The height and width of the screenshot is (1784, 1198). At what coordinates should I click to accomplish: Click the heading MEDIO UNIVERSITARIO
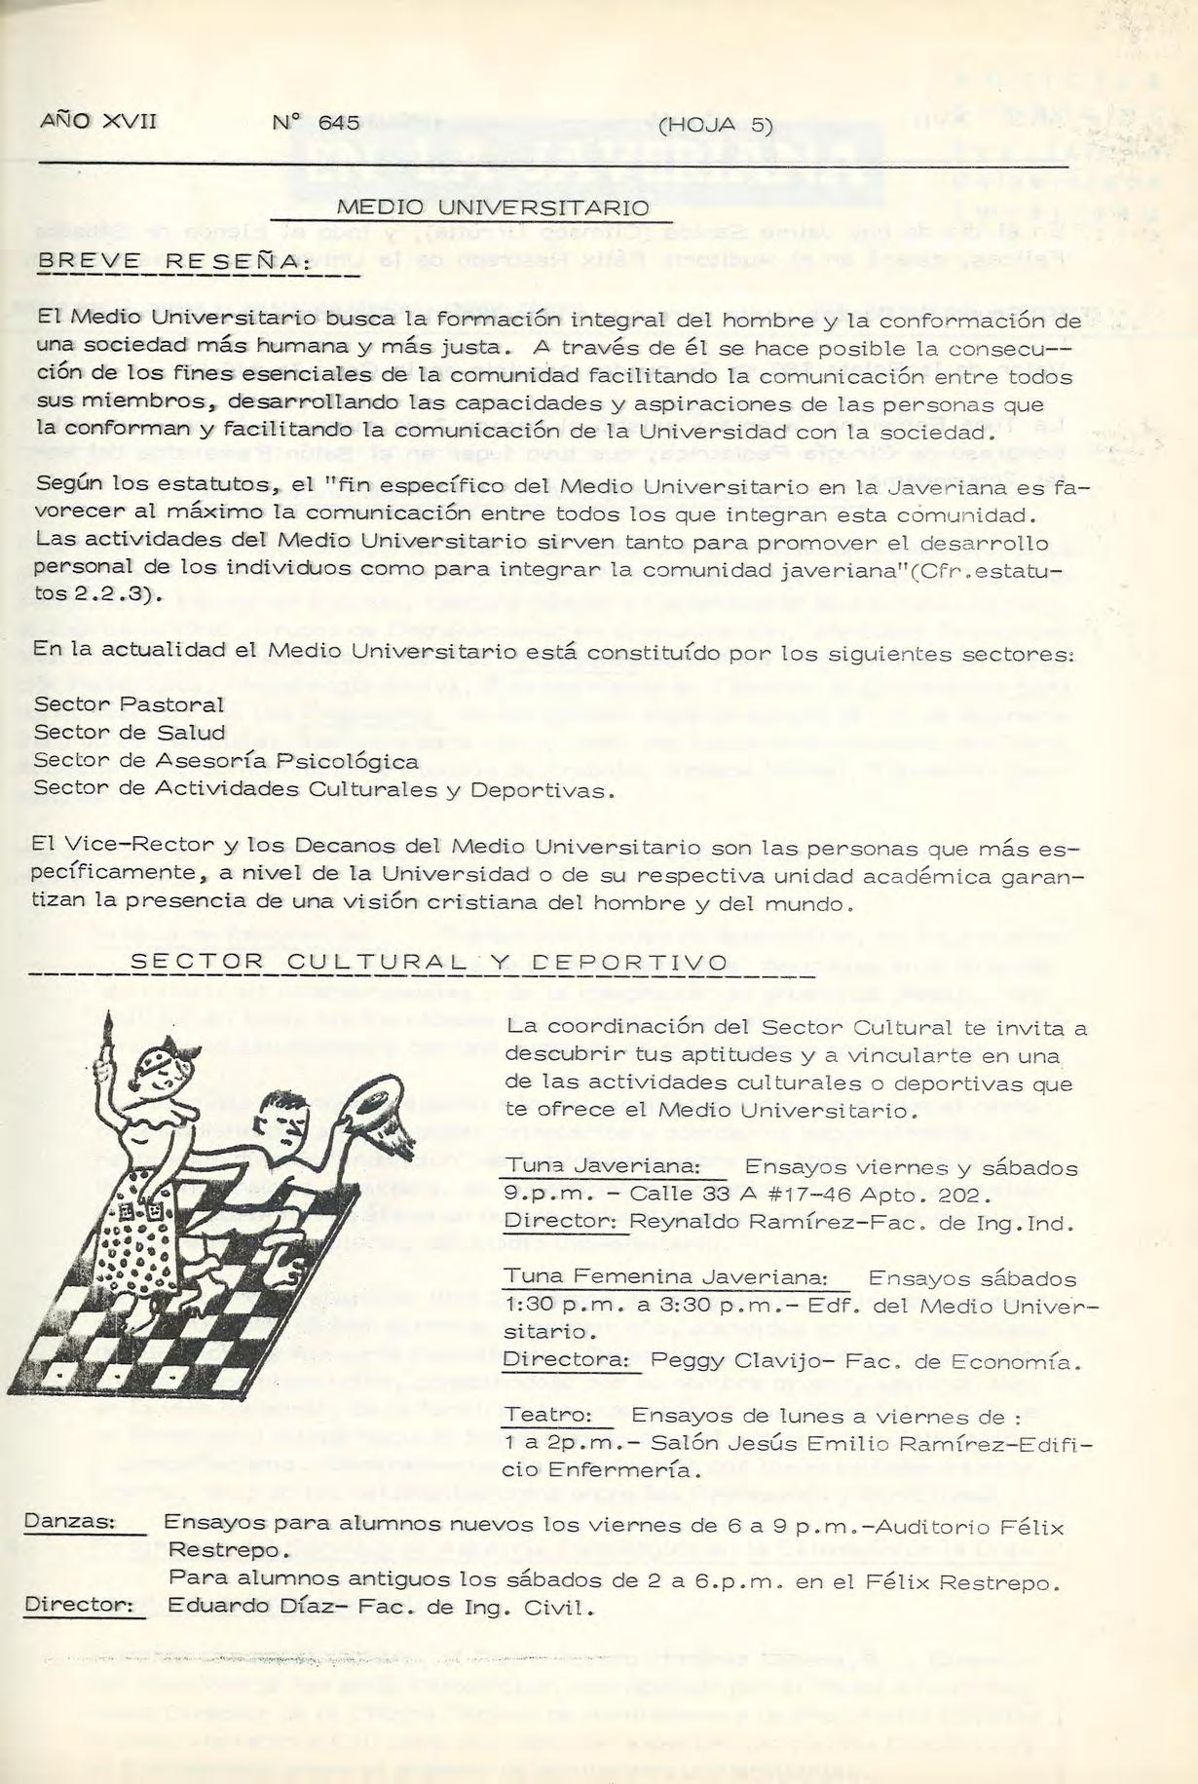pos(493,208)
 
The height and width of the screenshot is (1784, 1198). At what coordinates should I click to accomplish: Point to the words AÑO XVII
pos(98,122)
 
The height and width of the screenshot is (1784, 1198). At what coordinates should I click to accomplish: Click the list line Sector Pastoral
pos(129,703)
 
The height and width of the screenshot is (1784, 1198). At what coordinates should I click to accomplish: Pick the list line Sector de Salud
pos(130,732)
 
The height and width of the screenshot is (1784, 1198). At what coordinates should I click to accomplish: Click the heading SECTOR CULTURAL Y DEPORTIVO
pos(429,963)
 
